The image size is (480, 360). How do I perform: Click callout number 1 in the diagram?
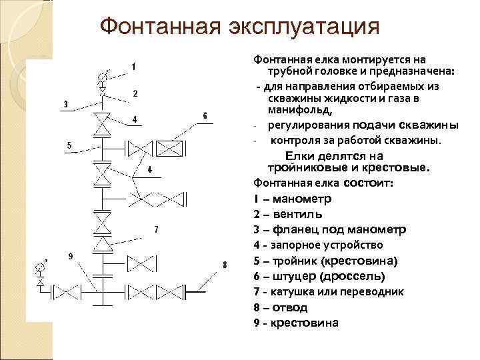tap(134, 67)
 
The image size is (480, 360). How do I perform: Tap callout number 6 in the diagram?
tap(205, 116)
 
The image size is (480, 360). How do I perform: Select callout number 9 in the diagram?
tap(71, 256)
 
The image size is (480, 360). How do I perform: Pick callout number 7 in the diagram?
tap(156, 229)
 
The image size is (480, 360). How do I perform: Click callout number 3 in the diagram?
tap(65, 104)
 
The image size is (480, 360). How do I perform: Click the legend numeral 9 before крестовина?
tap(257, 323)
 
